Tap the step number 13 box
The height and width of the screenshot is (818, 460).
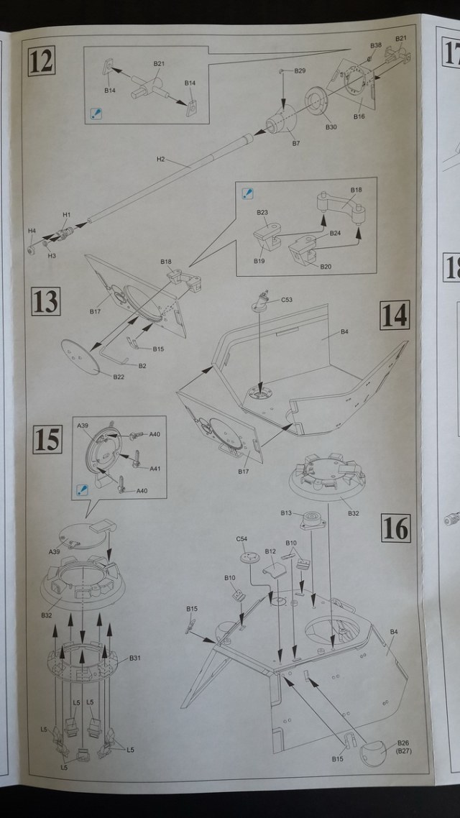(x=46, y=301)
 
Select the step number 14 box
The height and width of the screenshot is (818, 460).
(x=395, y=315)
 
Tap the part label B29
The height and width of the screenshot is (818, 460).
(x=300, y=70)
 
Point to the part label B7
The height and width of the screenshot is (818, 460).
(x=296, y=143)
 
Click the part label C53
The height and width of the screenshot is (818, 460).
(x=287, y=300)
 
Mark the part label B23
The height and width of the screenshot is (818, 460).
(x=262, y=213)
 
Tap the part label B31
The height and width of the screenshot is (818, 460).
(x=135, y=658)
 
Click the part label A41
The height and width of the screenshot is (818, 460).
(x=155, y=469)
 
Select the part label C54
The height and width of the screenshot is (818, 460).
(x=241, y=539)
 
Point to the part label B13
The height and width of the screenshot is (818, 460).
(x=286, y=513)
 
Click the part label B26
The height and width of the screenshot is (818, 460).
(x=402, y=743)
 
